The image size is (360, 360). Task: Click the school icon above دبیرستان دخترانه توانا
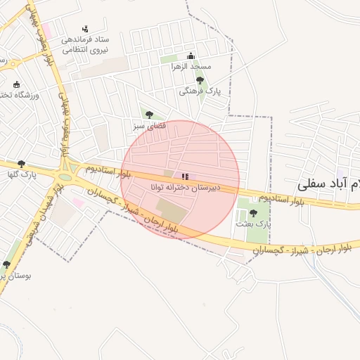(185, 176)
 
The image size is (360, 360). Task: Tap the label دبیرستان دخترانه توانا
(185, 188)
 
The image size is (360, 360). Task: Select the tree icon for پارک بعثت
(253, 213)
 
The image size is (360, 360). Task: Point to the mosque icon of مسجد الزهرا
(191, 56)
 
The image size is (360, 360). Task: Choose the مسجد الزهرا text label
(191, 67)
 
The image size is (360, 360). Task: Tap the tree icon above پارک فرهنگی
(200, 81)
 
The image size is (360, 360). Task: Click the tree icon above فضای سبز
(149, 115)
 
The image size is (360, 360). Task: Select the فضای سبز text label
(149, 126)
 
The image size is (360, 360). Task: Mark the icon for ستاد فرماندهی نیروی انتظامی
(86, 29)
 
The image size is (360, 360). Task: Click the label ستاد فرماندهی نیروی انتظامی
(86, 44)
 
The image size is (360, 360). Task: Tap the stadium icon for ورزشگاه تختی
(17, 84)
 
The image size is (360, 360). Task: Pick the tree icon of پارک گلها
(21, 163)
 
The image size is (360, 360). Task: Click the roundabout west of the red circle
(70, 169)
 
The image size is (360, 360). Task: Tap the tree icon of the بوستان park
(6, 264)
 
